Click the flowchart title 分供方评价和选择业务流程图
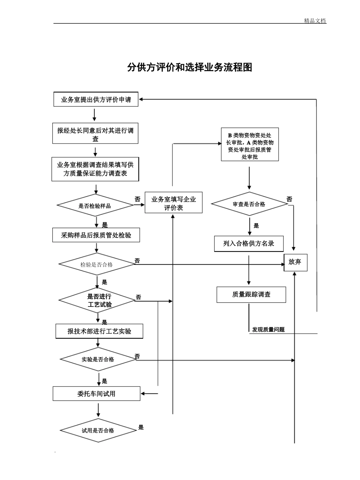[x=189, y=67]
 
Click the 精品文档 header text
[x=315, y=21]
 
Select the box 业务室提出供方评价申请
[x=96, y=100]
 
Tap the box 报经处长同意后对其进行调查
[x=95, y=134]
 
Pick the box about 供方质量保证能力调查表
[x=95, y=169]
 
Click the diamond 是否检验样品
[x=95, y=206]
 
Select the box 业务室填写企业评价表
[x=174, y=203]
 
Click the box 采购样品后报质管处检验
[x=96, y=235]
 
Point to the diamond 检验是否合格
[x=97, y=264]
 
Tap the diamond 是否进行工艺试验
[x=97, y=300]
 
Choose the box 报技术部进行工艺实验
[x=99, y=331]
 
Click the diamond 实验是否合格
[x=98, y=359]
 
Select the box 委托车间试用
[x=96, y=394]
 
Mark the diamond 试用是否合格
[x=98, y=430]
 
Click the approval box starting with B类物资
[x=250, y=145]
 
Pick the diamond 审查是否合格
[x=249, y=204]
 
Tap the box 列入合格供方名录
[x=249, y=244]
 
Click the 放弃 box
[x=295, y=262]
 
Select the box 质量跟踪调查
[x=251, y=294]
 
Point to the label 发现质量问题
[x=268, y=330]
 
